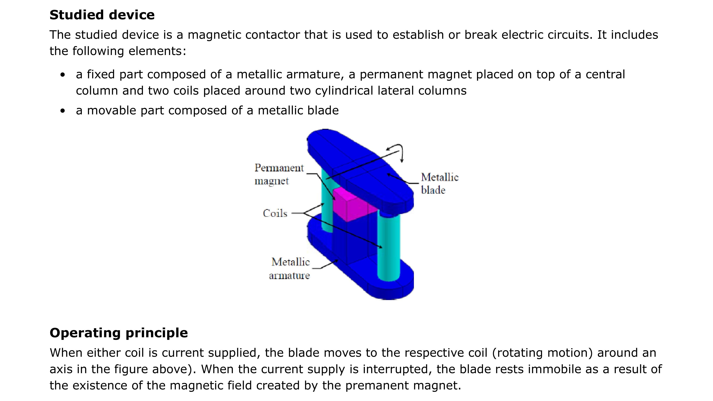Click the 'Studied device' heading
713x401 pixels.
coord(102,15)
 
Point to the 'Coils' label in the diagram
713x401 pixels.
coord(275,213)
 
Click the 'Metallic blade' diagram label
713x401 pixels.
coord(439,183)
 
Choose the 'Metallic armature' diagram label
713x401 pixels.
coord(290,269)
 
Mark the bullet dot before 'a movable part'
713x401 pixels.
coord(63,111)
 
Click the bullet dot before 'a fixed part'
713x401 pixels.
coord(63,75)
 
